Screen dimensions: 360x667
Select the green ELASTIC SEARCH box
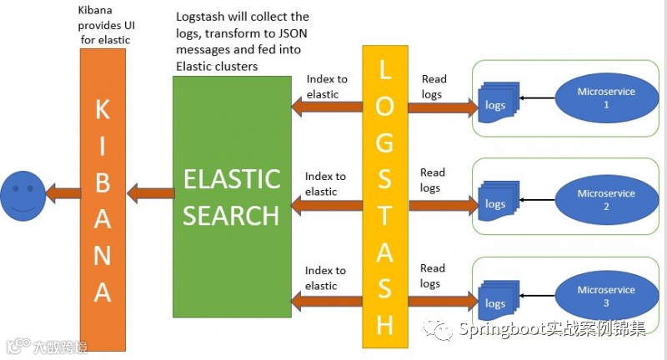pos(231,197)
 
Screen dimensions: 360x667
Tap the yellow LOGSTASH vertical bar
pos(384,196)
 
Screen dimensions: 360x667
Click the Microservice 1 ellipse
pos(606,98)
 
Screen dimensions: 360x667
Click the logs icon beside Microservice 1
pos(498,103)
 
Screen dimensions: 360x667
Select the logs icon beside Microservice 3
pos(498,301)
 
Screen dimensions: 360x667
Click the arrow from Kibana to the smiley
pos(63,194)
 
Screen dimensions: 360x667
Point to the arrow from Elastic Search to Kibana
pos(149,194)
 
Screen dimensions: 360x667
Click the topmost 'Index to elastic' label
pos(325,87)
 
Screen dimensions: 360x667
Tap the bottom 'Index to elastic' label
pos(325,278)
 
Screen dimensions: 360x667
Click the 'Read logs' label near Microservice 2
pos(432,180)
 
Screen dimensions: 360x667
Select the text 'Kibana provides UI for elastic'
pos(103,24)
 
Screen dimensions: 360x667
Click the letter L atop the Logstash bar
pos(384,72)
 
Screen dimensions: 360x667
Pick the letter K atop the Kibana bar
pos(103,110)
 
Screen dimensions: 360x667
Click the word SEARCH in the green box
pos(231,215)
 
